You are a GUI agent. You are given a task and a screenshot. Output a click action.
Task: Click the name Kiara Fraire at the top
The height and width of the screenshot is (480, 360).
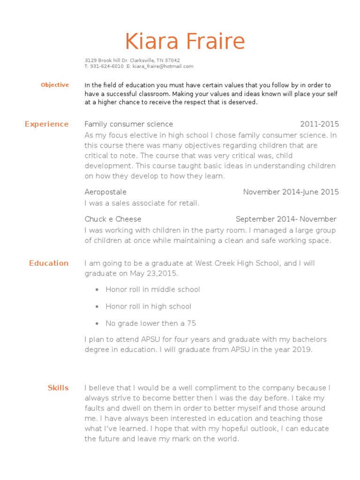(x=185, y=42)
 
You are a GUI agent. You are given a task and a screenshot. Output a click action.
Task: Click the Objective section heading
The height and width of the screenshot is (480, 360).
(x=55, y=85)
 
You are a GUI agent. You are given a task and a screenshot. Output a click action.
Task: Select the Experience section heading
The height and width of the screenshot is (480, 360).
(x=46, y=124)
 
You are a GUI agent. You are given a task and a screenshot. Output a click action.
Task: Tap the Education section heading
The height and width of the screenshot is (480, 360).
(x=49, y=263)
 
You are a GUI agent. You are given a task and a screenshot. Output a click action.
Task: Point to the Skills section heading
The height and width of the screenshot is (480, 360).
(x=58, y=388)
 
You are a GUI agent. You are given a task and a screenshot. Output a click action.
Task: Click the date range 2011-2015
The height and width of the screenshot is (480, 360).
(x=319, y=124)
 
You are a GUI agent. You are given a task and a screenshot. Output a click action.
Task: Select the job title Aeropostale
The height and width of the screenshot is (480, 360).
(x=105, y=192)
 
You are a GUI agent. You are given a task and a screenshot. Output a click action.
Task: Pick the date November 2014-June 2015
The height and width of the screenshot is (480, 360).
(x=291, y=192)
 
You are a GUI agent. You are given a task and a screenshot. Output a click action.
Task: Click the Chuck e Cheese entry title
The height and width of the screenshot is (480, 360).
(x=113, y=219)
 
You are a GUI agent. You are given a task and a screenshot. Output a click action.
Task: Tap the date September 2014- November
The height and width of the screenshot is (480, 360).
(x=286, y=219)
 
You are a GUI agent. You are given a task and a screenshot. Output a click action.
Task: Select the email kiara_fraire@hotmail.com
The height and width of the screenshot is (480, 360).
(x=163, y=67)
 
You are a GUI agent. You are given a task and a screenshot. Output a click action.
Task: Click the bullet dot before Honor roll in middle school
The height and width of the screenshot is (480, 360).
(x=97, y=290)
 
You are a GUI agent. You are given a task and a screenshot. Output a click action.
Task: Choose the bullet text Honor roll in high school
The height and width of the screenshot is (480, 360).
(x=148, y=306)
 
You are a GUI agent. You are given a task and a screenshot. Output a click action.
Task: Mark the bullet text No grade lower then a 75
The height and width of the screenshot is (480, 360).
(x=150, y=323)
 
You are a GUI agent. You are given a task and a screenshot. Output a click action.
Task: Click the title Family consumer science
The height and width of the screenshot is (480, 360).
(x=129, y=124)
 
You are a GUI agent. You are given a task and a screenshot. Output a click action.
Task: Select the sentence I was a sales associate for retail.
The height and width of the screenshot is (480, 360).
(x=142, y=203)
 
